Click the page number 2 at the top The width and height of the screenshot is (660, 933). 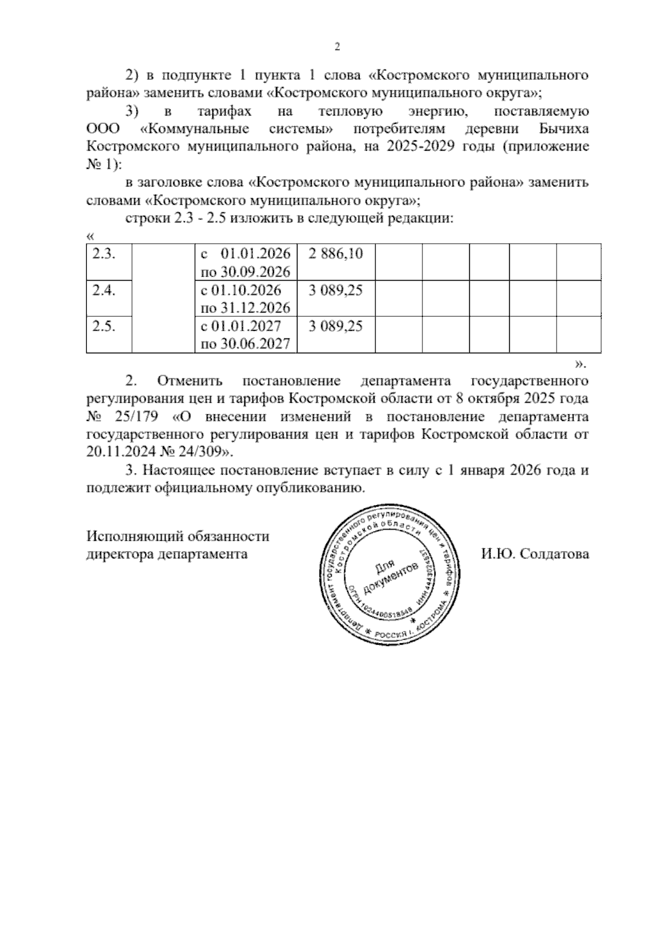(338, 48)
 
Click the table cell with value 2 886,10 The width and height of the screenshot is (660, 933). (335, 254)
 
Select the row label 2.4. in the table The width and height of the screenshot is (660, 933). (103, 290)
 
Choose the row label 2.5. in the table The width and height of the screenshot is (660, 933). (103, 326)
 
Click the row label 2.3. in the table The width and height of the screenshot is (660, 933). (103, 254)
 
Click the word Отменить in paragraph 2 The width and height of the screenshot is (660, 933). (190, 381)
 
